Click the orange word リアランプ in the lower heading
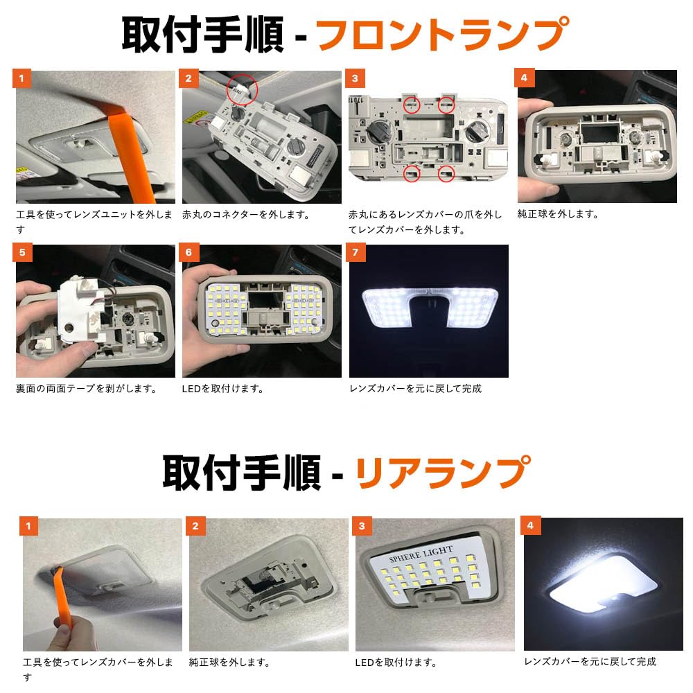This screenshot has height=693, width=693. point(443,472)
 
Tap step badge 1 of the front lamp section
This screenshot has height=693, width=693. point(21,79)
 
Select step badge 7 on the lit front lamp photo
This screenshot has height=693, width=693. point(356,252)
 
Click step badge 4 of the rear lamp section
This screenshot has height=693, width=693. point(532,525)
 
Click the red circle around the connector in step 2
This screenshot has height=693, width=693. point(242,89)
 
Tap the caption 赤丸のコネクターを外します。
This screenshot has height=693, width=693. point(246,215)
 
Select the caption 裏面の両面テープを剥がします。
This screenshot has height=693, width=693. point(86,389)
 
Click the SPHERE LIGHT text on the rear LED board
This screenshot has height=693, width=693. point(421,553)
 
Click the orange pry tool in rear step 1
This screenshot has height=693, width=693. point(63,597)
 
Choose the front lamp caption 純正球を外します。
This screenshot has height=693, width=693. point(558,214)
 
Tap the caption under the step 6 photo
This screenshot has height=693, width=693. point(222,389)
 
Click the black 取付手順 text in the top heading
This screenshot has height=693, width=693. point(202,35)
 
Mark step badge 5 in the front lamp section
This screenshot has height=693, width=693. point(22,252)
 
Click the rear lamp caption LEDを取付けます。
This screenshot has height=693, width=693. point(396,663)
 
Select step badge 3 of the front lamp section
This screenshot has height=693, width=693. point(355,79)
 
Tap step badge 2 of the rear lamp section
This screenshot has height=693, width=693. point(195,526)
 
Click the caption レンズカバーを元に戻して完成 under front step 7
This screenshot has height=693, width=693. point(415,389)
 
